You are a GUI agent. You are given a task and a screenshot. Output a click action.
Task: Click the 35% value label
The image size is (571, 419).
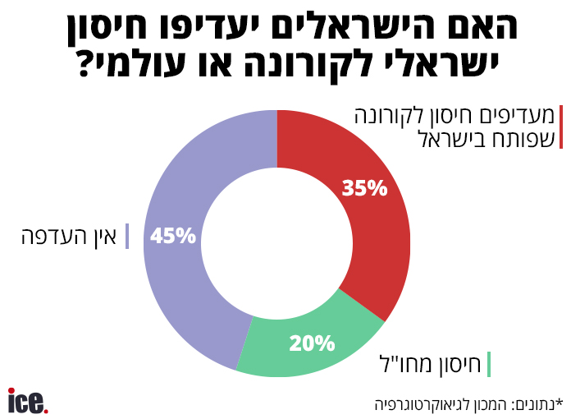(x=364, y=188)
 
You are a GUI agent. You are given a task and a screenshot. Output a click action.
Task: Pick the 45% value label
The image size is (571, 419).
(x=173, y=237)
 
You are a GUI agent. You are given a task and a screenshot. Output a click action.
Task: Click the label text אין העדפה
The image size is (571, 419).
(x=70, y=237)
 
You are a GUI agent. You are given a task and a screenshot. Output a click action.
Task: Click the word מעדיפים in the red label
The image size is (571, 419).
(x=519, y=115)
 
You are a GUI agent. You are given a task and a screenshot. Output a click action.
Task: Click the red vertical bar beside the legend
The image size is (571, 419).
(x=561, y=127)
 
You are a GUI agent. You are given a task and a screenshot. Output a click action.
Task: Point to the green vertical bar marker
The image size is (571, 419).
(x=488, y=364)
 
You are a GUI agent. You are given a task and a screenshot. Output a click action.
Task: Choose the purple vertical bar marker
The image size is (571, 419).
(x=126, y=237)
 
